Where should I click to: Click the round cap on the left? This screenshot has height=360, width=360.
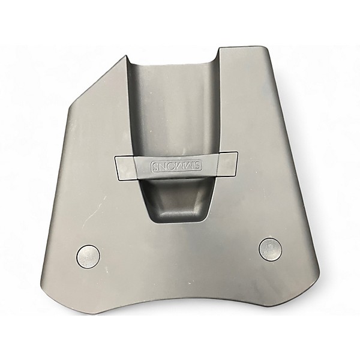point(88,256)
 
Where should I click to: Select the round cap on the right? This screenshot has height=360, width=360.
point(270,249)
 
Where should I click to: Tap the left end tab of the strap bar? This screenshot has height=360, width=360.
point(126,167)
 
